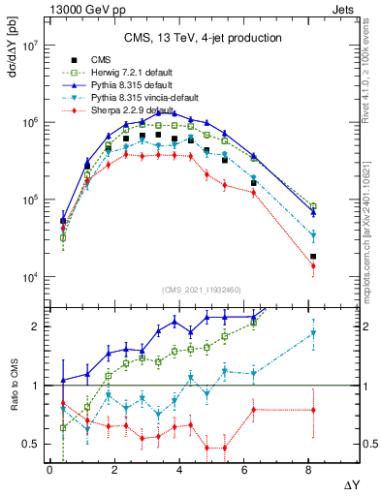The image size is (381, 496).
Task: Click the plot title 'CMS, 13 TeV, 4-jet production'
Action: (203, 38)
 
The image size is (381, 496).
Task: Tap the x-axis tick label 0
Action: (49, 469)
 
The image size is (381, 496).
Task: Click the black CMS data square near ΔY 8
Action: (313, 257)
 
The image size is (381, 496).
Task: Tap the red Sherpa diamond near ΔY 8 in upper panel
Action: (313, 265)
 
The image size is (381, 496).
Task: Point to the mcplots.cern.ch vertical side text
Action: (372, 242)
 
